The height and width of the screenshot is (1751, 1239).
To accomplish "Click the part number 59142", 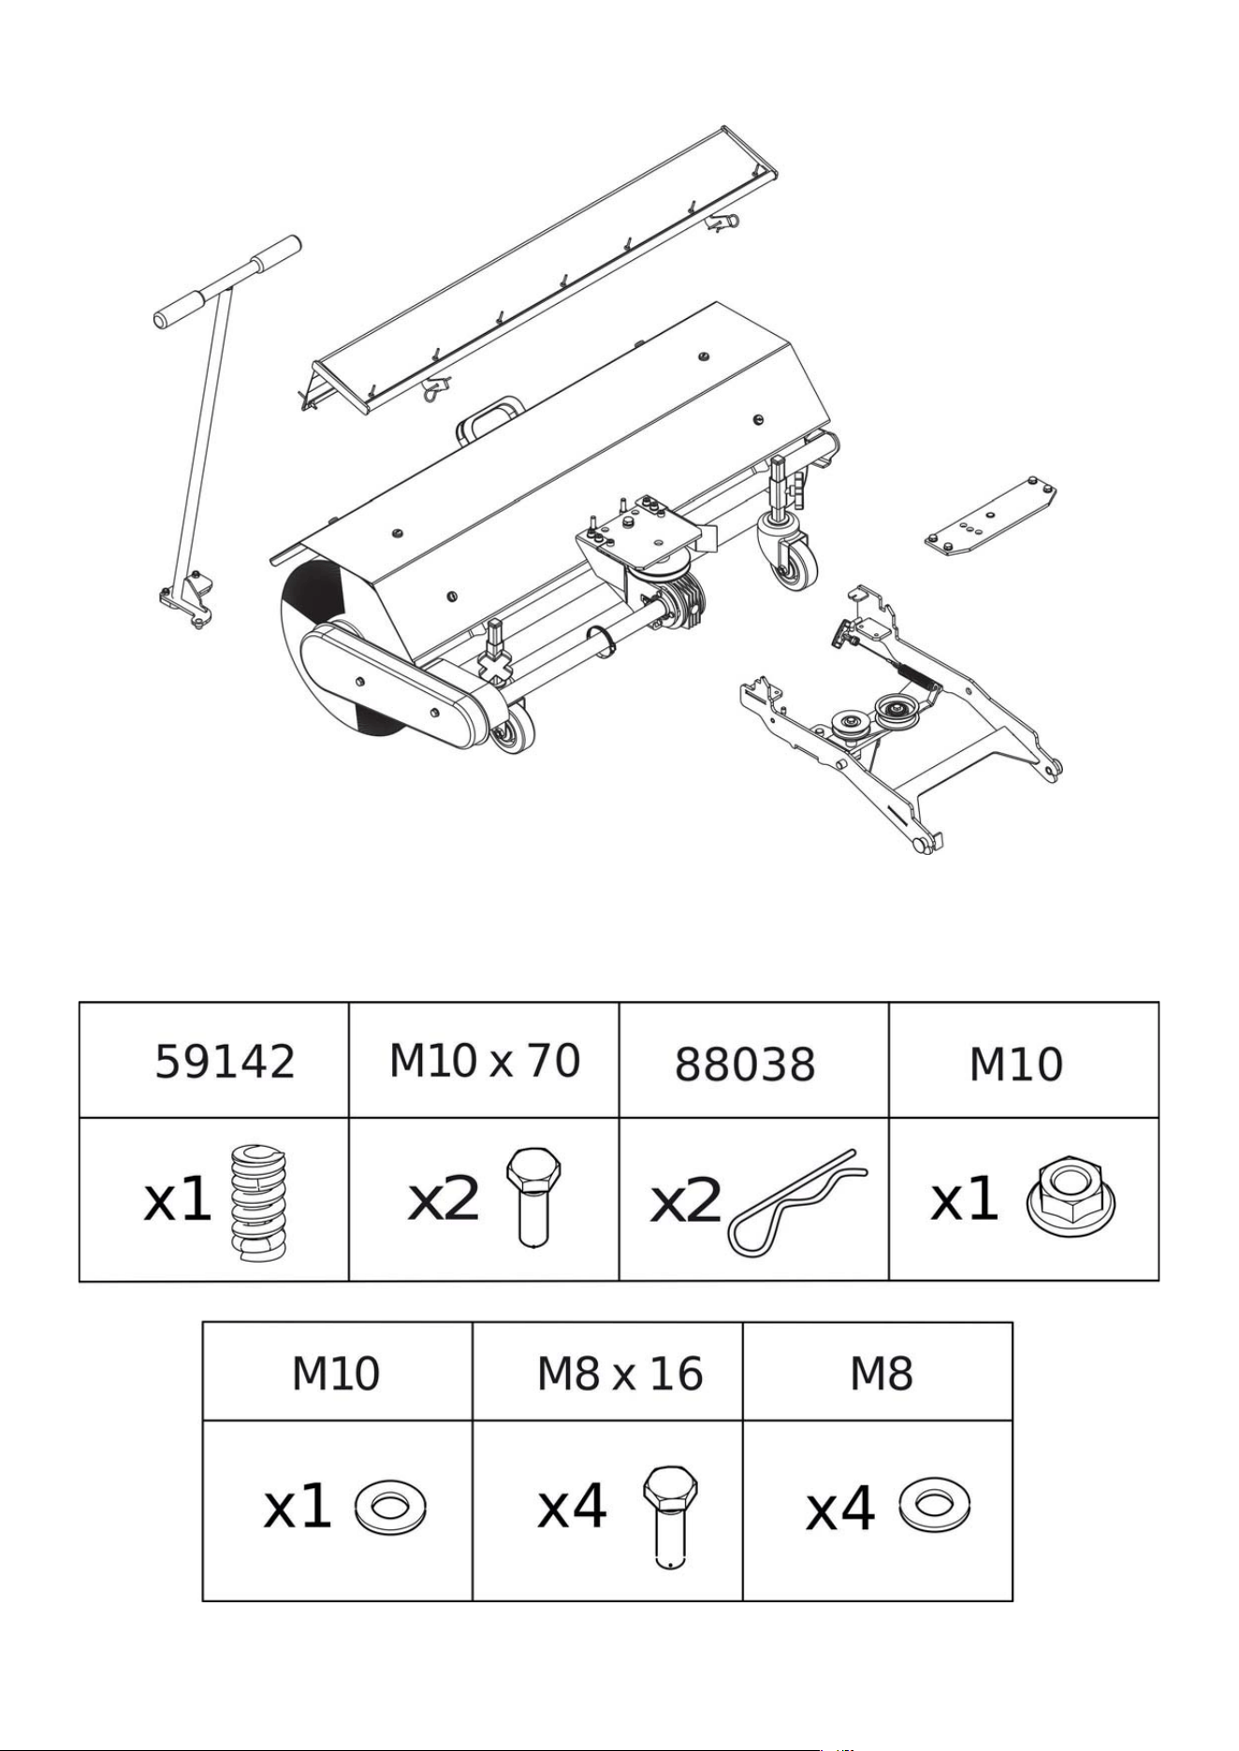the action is tap(225, 1062).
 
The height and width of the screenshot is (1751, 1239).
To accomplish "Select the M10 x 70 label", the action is tap(485, 1060).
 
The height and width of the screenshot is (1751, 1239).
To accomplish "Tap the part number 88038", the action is tap(745, 1064).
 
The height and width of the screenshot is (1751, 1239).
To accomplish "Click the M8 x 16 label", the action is tap(619, 1374).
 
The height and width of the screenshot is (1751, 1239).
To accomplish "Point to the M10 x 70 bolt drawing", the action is tap(533, 1197).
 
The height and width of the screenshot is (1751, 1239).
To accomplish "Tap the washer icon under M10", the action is tap(390, 1508).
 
